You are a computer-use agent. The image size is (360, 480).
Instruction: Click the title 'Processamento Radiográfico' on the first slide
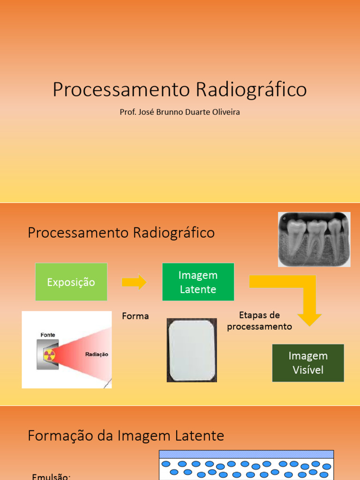point(180,90)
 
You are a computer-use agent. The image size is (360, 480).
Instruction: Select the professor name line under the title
point(180,112)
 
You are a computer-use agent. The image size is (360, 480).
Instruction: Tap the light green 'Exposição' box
point(71,282)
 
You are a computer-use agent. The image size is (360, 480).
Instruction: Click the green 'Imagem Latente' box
point(198,282)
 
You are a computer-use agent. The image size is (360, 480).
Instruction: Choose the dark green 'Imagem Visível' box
point(308,363)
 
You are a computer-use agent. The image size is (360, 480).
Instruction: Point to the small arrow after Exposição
point(134,282)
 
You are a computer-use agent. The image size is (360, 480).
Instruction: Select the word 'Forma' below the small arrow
point(135,316)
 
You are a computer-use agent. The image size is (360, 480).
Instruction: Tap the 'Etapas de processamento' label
point(259,321)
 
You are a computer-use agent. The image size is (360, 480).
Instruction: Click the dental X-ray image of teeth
point(314,239)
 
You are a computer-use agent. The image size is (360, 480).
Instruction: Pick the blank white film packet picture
point(192,350)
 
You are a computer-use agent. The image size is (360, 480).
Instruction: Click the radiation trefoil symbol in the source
point(50,354)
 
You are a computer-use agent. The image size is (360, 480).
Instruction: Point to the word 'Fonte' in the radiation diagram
point(48,335)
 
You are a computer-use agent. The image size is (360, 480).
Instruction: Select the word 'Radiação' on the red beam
point(97,354)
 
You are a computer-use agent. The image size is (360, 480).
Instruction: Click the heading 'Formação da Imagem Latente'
point(126,436)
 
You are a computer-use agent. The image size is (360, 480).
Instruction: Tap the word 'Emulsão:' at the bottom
point(51,476)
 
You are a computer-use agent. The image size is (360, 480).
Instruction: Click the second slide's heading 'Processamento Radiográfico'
point(121,232)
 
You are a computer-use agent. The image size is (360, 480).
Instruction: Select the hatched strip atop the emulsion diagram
point(246,454)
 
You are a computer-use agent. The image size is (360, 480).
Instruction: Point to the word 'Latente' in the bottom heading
point(201,436)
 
